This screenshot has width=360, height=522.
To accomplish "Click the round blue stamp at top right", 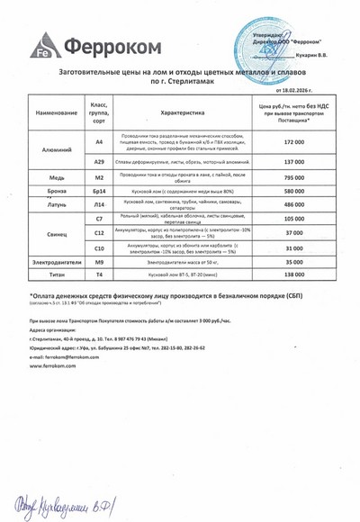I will [270, 40].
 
